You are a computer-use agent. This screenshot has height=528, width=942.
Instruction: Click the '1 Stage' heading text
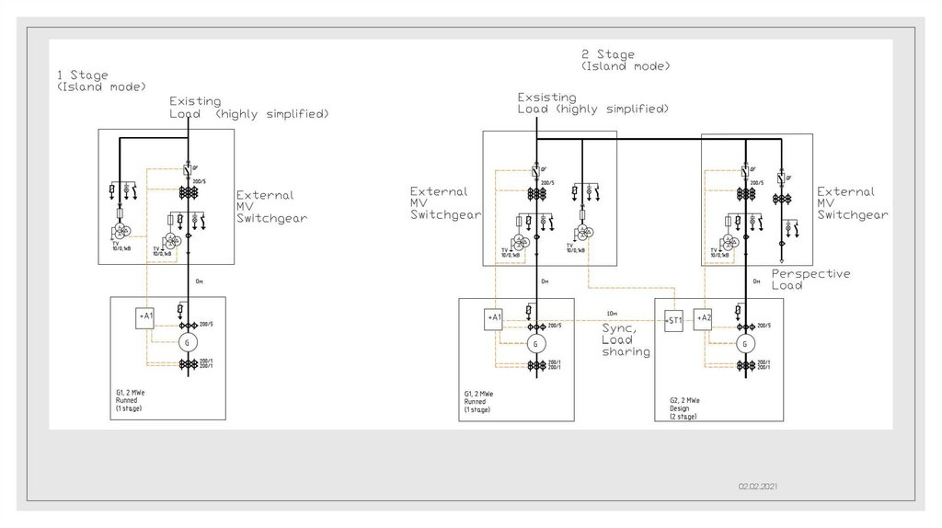[x=82, y=75]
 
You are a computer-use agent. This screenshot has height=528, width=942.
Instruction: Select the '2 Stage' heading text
[x=608, y=55]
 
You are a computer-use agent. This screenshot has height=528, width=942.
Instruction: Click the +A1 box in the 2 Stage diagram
[x=495, y=317]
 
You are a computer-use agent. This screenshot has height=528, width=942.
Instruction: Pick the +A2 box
[x=705, y=317]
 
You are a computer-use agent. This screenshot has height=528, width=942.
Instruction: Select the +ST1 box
[x=675, y=320]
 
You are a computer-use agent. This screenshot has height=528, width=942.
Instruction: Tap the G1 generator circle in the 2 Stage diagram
[x=535, y=345]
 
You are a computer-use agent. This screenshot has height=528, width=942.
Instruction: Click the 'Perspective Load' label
[x=810, y=280]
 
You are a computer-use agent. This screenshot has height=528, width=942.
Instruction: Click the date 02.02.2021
[x=759, y=486]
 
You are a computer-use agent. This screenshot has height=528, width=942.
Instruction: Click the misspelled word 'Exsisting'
[x=546, y=97]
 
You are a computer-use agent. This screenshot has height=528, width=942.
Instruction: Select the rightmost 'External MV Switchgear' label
[x=852, y=203]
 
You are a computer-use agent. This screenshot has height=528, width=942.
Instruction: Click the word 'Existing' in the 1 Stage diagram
[x=194, y=101]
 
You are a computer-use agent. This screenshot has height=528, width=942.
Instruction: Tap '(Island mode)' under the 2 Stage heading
[x=625, y=66]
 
